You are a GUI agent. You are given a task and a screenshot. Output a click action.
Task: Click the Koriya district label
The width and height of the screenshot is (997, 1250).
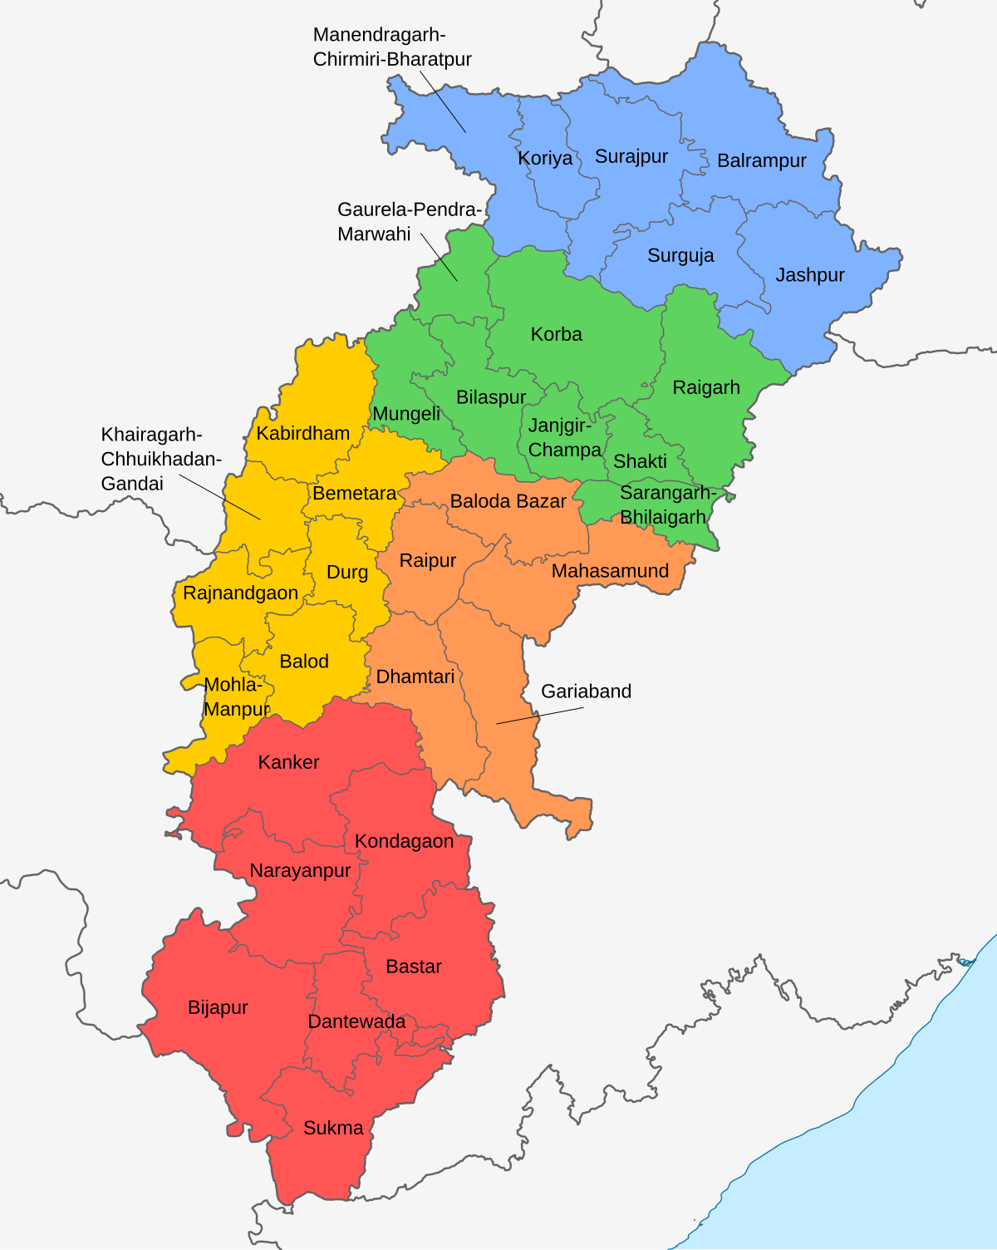545,158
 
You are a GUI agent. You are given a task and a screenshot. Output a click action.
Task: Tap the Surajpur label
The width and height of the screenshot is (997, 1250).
631,156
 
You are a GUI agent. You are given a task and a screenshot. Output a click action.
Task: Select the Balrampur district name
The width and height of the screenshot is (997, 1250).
761,160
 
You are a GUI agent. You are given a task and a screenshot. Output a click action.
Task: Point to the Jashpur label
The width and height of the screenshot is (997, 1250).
809,275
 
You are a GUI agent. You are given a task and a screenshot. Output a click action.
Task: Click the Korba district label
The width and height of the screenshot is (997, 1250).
556,334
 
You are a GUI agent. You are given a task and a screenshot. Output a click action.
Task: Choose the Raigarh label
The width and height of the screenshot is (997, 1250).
705,387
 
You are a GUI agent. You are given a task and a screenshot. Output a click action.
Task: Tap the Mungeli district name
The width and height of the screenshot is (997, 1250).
406,414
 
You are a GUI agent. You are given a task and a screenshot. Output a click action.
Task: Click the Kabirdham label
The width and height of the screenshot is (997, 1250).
302,433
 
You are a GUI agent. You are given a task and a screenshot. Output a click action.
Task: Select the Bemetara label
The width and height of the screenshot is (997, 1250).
355,493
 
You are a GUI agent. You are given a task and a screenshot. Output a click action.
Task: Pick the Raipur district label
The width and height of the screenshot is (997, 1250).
427,560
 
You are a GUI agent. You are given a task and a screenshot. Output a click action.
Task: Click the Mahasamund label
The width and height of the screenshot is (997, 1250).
610,571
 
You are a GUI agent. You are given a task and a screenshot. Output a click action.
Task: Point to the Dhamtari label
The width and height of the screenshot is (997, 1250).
415,677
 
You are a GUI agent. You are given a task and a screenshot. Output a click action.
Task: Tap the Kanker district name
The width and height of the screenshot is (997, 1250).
288,762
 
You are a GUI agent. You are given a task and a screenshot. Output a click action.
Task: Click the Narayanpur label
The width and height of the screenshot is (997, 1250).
300,870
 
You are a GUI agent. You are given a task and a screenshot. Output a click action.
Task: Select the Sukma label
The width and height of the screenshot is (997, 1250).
333,1128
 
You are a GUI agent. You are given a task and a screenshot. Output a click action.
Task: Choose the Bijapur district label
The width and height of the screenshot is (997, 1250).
218,1007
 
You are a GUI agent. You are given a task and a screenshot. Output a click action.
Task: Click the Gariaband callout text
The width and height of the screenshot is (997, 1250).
586,691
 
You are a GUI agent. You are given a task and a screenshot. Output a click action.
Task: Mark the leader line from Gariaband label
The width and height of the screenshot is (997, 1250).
540,716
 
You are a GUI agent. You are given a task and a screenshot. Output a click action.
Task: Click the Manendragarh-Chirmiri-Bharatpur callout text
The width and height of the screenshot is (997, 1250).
392,47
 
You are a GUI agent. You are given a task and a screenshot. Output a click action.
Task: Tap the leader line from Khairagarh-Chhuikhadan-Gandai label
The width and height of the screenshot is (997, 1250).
220,497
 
